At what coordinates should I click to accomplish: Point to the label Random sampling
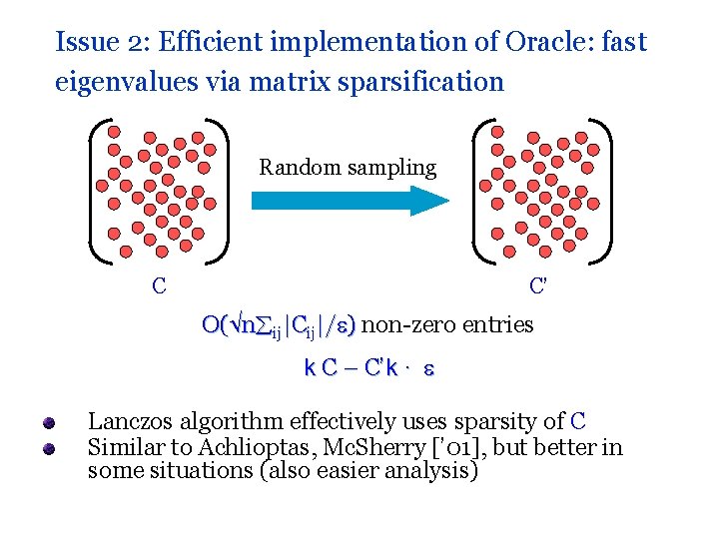[348, 167]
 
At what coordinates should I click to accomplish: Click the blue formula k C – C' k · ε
[368, 367]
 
